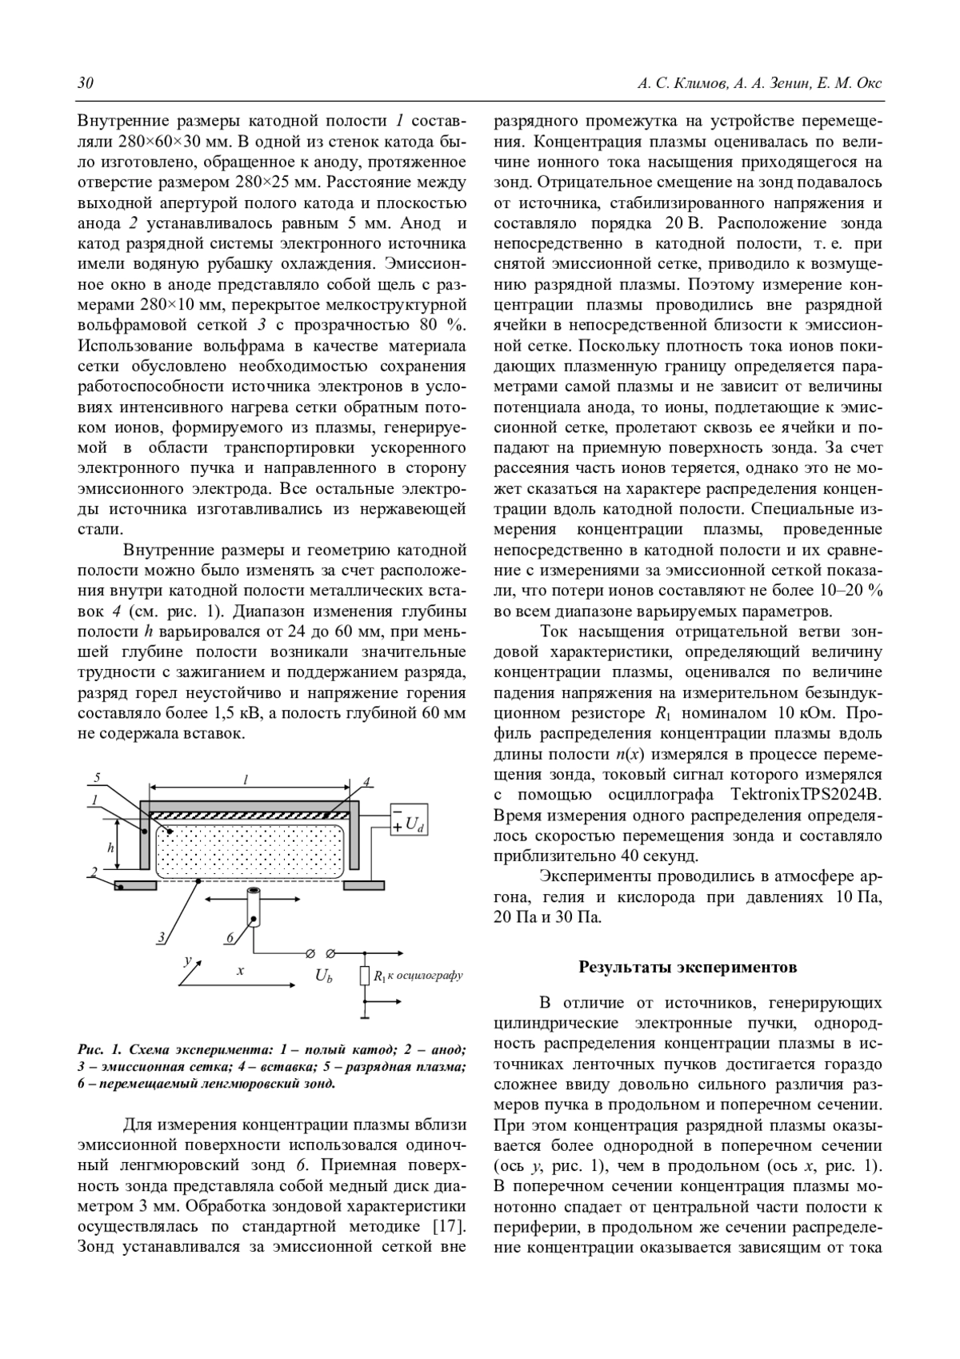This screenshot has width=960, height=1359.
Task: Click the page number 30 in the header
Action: point(86,84)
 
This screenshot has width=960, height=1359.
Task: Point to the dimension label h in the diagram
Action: point(111,845)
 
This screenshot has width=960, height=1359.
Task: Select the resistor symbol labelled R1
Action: point(366,976)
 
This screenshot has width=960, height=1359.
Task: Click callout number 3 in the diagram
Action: point(162,936)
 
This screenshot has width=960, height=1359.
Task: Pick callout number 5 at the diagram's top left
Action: point(97,777)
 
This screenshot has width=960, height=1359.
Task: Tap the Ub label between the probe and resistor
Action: point(324,976)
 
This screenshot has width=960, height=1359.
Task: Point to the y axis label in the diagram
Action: point(187,958)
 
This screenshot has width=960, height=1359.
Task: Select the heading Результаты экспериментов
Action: point(687,967)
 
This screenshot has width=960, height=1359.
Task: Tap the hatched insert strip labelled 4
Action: point(248,815)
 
